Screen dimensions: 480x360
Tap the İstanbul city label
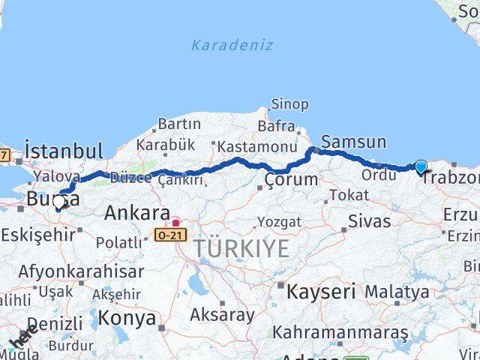[64, 150]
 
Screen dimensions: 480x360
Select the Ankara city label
[136, 212]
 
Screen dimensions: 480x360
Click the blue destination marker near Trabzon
[421, 167]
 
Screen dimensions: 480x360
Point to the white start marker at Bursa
[59, 202]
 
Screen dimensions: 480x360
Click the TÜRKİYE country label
[241, 248]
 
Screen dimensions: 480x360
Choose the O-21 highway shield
[166, 235]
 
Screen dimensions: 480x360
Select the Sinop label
[289, 104]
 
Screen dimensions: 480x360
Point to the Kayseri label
[320, 290]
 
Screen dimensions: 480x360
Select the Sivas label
[370, 221]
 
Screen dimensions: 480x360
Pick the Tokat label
[349, 195]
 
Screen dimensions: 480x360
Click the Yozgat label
[279, 222]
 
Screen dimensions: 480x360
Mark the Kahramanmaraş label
[340, 331]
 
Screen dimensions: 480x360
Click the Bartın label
[179, 124]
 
